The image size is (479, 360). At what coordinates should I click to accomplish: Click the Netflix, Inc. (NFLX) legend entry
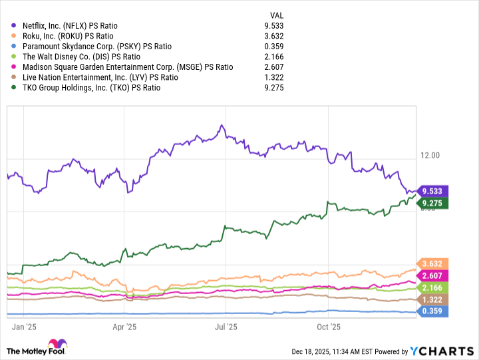(69, 25)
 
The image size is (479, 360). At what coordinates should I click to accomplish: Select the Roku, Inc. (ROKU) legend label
(63, 36)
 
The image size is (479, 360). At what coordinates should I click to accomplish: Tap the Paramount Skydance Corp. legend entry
(96, 46)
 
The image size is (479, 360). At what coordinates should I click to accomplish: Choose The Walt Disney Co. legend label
(81, 57)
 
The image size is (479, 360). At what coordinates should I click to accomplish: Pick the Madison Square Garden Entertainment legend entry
(127, 67)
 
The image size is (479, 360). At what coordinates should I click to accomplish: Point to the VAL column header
(276, 15)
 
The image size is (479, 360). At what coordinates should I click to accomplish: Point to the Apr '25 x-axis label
(124, 327)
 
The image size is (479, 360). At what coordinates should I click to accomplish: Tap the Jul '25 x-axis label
(227, 327)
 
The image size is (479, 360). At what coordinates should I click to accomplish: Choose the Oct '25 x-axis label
(329, 327)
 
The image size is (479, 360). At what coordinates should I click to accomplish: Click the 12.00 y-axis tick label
(432, 155)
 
